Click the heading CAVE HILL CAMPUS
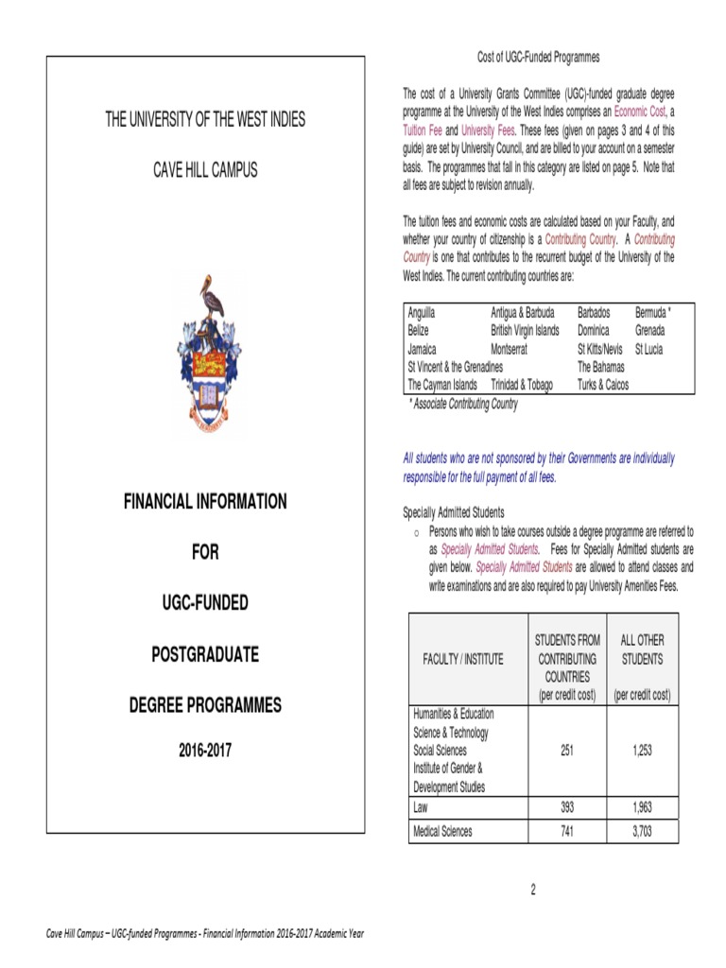tap(205, 170)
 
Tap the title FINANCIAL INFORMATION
tap(205, 501)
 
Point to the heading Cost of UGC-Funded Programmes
tap(538, 58)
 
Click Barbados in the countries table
tap(594, 312)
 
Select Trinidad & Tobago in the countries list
tap(522, 385)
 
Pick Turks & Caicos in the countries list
tap(603, 385)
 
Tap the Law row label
tap(421, 807)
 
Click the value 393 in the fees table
tap(566, 807)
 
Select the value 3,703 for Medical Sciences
tap(642, 832)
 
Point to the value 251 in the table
tap(566, 751)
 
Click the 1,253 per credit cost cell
tap(642, 751)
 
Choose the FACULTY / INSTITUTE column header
tap(463, 659)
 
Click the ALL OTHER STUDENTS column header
tap(642, 649)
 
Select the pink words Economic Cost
tap(639, 112)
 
